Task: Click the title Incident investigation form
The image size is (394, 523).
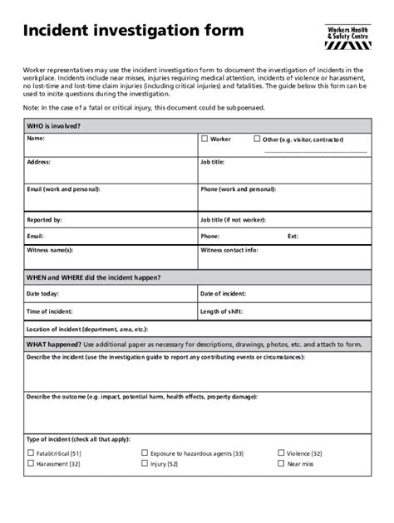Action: tap(133, 32)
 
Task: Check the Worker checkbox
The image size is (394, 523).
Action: tap(204, 139)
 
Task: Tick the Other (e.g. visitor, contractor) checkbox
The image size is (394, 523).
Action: tap(257, 139)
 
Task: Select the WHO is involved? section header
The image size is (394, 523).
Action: tap(54, 126)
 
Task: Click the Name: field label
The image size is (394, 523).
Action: tap(36, 139)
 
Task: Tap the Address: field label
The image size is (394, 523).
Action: tap(39, 163)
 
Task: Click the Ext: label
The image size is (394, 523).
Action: tap(293, 236)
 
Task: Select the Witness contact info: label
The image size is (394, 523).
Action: tap(229, 250)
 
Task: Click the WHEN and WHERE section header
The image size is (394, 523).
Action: tap(94, 277)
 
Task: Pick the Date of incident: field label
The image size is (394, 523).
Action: tap(223, 294)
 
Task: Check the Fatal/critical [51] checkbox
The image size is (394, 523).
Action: tap(31, 453)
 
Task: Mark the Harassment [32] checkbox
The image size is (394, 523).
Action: tap(31, 464)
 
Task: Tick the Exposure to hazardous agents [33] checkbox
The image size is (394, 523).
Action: tap(144, 453)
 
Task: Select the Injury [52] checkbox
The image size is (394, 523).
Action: tap(144, 464)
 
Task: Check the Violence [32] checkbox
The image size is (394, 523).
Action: tap(280, 453)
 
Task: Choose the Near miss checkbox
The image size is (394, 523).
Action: tap(280, 464)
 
